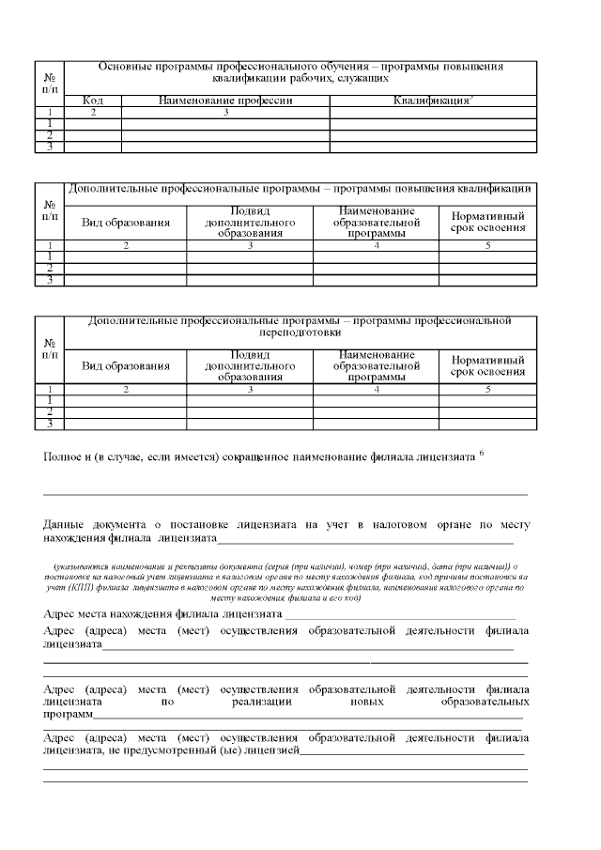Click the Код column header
tap(93, 100)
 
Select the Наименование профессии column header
tap(225, 100)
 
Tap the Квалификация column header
tap(431, 100)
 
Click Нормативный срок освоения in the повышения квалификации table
tap(487, 222)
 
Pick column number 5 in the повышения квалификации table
tap(487, 246)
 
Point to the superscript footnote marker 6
tap(482, 452)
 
